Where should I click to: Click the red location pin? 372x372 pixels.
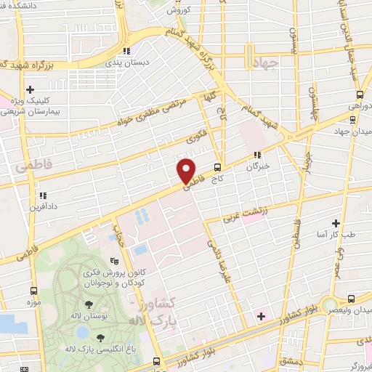tap(187, 170)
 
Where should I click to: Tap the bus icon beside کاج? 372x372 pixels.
tap(217, 168)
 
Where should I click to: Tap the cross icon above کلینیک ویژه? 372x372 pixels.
tap(12, 94)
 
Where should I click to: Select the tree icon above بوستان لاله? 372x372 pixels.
tap(89, 305)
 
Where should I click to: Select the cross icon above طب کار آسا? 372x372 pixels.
tap(336, 223)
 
